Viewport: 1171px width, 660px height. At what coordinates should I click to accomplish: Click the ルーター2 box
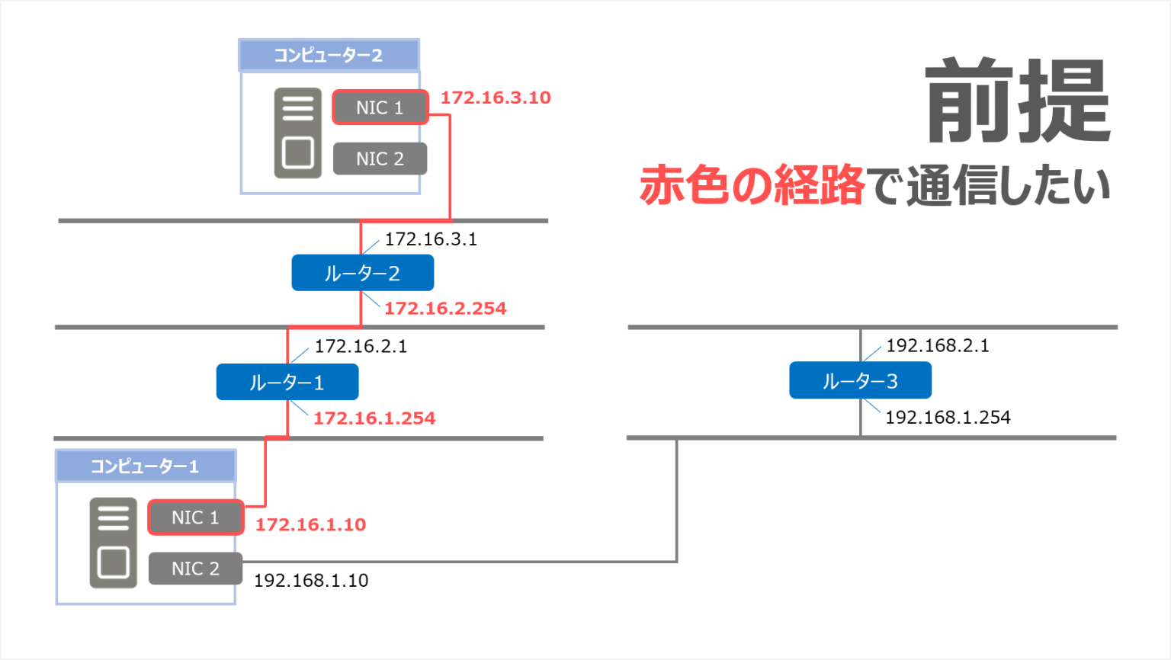(x=362, y=273)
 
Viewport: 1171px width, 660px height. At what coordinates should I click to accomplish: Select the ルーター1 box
(x=287, y=382)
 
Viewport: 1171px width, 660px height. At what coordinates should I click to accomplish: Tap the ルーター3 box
(x=860, y=380)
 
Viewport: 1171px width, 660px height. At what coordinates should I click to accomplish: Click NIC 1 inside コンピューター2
(x=380, y=107)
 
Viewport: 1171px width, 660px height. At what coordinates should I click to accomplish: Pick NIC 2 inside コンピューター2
(x=380, y=159)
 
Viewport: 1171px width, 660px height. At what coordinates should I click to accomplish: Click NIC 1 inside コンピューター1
(x=195, y=517)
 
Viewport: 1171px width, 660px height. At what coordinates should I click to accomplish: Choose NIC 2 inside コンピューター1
(x=195, y=569)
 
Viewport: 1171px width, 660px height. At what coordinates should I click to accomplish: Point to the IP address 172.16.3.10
(x=496, y=98)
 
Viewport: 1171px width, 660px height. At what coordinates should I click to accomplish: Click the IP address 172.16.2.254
(x=445, y=309)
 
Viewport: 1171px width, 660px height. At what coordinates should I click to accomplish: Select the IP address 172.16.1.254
(x=374, y=418)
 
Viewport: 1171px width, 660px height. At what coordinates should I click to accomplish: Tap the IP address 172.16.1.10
(x=310, y=525)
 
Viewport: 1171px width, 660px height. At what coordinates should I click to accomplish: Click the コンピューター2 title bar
(x=329, y=56)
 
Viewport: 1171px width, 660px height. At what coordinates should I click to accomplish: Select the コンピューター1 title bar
(x=145, y=466)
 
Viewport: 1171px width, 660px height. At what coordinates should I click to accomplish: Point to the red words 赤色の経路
(x=752, y=185)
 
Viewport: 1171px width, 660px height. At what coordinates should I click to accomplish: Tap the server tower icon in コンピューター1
(x=113, y=543)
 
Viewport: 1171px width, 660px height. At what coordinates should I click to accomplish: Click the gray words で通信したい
(x=990, y=185)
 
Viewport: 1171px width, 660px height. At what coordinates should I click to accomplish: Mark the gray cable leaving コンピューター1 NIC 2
(x=457, y=562)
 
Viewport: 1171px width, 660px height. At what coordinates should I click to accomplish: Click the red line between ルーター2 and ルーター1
(x=324, y=328)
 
